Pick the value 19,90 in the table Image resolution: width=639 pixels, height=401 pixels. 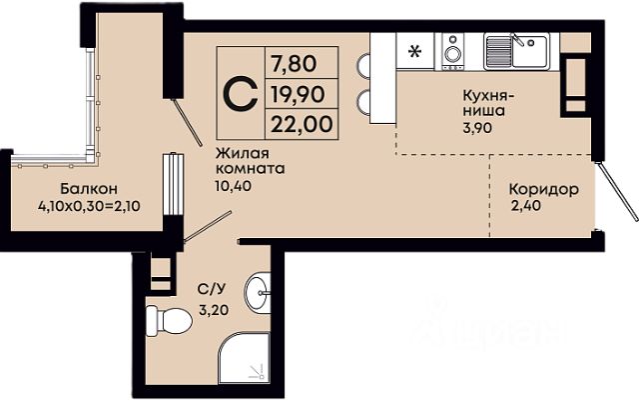(299, 94)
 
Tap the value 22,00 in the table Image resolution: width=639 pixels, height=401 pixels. (302, 124)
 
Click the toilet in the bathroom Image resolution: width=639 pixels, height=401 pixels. (169, 320)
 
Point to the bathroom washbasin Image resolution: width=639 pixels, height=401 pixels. (258, 292)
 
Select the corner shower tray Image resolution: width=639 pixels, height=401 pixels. (244, 358)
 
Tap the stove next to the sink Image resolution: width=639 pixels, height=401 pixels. (453, 51)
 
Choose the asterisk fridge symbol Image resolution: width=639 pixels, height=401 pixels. (415, 52)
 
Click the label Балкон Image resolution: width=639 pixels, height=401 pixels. (89, 189)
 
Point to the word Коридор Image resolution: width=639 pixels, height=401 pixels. (543, 189)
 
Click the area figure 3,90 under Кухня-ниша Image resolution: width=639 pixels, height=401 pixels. (477, 128)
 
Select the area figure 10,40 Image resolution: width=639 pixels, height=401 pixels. (234, 186)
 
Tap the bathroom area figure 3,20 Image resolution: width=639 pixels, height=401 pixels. (214, 310)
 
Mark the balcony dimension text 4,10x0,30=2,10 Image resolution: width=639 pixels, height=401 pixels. (89, 206)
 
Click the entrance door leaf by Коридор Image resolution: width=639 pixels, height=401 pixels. (617, 191)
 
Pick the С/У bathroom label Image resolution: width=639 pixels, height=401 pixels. (211, 289)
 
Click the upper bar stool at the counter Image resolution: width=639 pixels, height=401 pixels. (363, 65)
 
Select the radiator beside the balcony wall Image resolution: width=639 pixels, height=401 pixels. (173, 185)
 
